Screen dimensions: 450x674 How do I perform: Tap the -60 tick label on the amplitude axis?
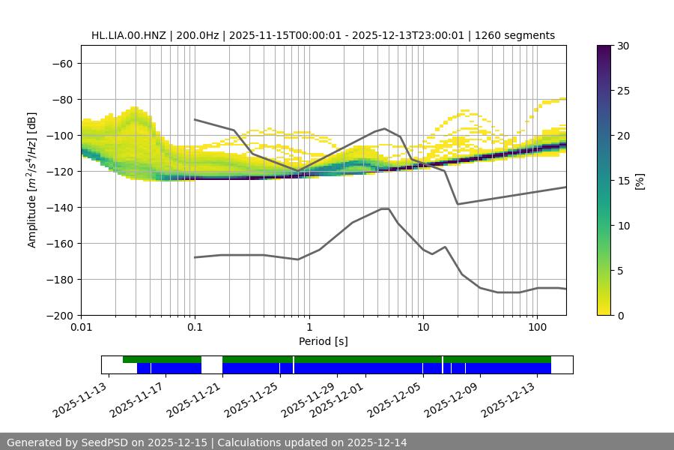(x=61, y=63)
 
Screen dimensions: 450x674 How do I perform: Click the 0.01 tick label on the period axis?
(x=81, y=328)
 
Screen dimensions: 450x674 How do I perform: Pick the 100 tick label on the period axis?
(x=536, y=328)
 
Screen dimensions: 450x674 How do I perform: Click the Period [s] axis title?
(x=323, y=341)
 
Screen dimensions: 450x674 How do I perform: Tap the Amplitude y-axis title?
(x=32, y=181)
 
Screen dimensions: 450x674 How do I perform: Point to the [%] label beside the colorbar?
(x=640, y=181)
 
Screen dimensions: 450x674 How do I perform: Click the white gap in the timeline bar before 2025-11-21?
(x=212, y=364)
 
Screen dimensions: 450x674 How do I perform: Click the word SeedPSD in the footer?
(x=104, y=442)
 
